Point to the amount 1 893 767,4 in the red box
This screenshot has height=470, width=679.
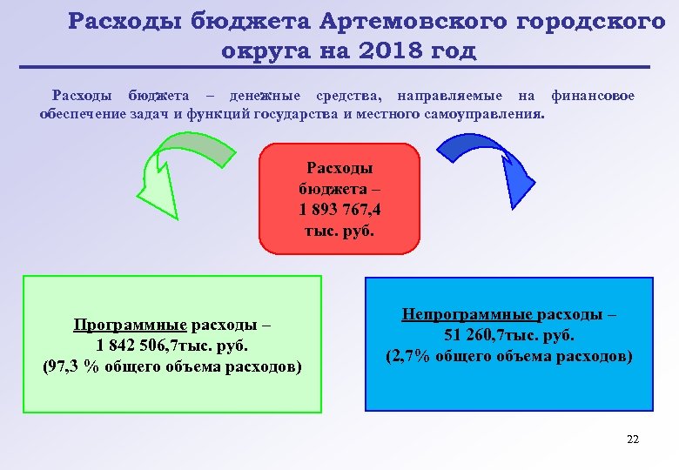[339, 209]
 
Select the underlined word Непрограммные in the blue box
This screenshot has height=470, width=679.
[467, 314]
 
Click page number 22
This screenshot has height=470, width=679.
[633, 439]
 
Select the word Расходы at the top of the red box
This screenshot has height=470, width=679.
[339, 165]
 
